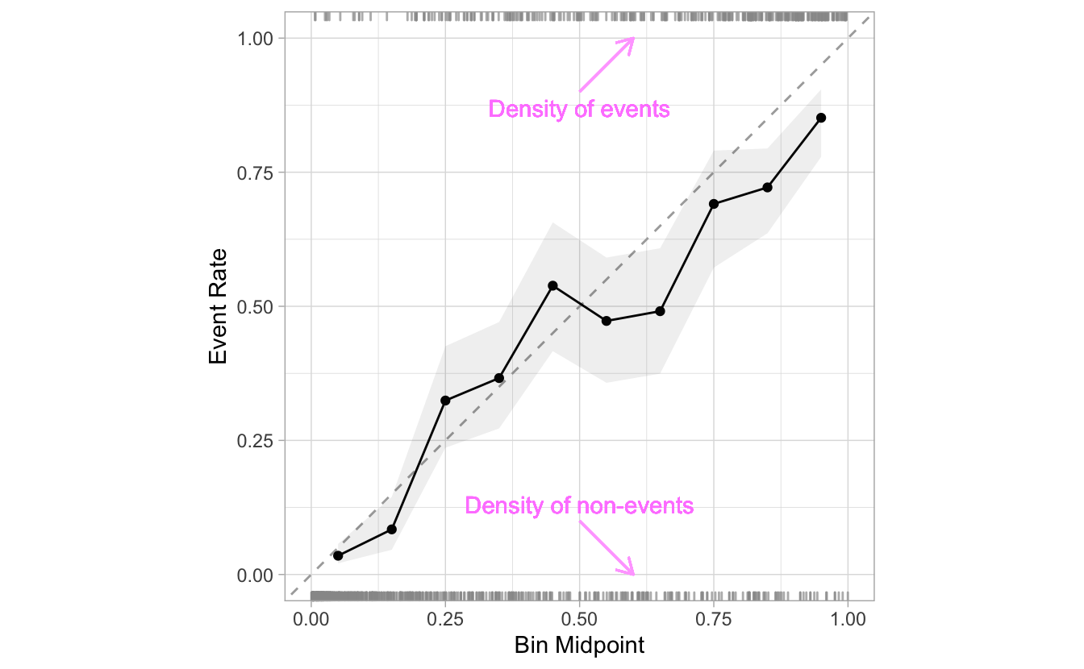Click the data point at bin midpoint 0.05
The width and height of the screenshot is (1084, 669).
[338, 555]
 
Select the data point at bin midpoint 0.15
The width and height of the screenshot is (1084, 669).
[392, 530]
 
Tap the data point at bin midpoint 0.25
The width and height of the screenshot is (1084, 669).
[445, 401]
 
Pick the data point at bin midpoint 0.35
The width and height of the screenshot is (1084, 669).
[499, 378]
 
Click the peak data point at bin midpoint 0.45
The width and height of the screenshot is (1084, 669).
[552, 285]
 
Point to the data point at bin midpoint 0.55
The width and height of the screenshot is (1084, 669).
[607, 321]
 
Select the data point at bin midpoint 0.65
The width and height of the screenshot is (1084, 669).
[660, 311]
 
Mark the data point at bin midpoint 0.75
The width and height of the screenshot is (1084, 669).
[714, 204]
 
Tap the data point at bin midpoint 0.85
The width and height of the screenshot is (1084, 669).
[767, 188]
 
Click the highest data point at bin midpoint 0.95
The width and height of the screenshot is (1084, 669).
[821, 118]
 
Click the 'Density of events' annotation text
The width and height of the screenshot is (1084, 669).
[579, 110]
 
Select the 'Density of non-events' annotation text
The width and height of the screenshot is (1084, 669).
[579, 506]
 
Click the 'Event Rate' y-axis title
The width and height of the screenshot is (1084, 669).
[218, 306]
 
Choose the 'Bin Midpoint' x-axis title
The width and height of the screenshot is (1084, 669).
[579, 646]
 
